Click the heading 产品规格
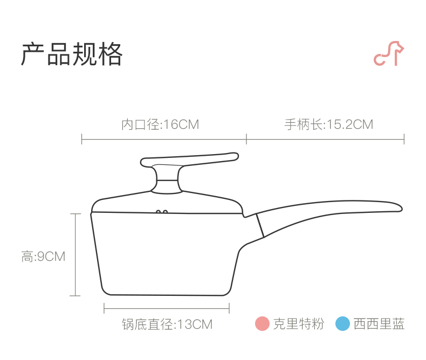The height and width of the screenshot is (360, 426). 72,54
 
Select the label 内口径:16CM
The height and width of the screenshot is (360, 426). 160,124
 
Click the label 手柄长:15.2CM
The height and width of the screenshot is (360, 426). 329,124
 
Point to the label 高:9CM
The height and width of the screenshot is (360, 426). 43,257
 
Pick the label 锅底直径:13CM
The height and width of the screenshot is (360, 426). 167,324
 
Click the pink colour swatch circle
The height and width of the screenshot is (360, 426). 262,324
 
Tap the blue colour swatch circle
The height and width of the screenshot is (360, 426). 342,324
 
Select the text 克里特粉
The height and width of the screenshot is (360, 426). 299,324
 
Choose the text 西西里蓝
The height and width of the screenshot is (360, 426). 379,324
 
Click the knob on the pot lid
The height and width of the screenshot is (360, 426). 166,179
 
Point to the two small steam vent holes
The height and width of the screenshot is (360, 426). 161,212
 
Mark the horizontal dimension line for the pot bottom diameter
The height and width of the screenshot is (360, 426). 167,309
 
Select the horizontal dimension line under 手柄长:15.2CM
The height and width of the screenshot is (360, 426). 325,140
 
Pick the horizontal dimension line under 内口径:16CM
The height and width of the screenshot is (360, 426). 164,140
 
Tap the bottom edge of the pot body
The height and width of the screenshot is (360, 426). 167,294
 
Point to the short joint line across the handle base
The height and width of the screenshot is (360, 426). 260,225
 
